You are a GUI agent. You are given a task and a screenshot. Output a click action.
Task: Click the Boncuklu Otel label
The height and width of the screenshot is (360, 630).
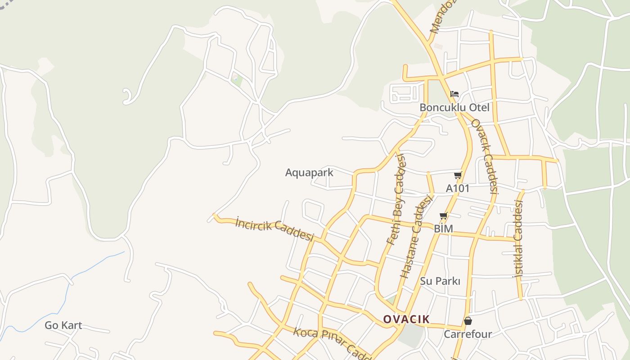coord(454,108)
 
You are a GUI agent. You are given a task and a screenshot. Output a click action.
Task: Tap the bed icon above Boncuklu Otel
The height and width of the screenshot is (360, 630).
coord(454,94)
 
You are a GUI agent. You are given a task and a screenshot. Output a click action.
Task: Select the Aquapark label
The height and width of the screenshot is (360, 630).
coord(309,172)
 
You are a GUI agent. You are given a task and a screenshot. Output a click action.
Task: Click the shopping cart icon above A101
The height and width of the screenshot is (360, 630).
coord(458,175)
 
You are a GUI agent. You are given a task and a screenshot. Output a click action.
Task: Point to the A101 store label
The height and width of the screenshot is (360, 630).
coord(457,188)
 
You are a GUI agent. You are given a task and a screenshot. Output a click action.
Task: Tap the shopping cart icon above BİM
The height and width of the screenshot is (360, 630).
coord(443,216)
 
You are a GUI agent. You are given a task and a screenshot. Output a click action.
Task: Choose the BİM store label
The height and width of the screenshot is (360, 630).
coord(443,229)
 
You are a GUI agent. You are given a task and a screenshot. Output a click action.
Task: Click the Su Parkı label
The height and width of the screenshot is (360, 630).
coord(440,281)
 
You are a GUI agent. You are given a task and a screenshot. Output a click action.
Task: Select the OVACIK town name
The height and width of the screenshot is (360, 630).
coord(406,319)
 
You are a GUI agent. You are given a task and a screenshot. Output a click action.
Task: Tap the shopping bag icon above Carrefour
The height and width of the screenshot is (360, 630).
coord(468,321)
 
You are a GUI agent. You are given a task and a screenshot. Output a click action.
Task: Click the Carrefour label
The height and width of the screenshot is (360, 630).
coord(468,334)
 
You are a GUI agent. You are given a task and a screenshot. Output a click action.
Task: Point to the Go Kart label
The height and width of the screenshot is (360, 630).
coord(63,325)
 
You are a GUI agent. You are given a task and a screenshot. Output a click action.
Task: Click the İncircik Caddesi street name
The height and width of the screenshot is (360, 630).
coord(274,229)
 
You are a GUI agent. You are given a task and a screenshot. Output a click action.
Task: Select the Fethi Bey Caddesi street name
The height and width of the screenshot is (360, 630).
coord(396,199)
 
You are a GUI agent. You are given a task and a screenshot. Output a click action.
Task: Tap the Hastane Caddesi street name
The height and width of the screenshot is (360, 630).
coord(416,236)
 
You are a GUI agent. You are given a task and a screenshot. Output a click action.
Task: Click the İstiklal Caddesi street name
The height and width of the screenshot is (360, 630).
coord(519,238)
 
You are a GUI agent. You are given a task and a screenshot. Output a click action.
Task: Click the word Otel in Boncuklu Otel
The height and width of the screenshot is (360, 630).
coord(479,108)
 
